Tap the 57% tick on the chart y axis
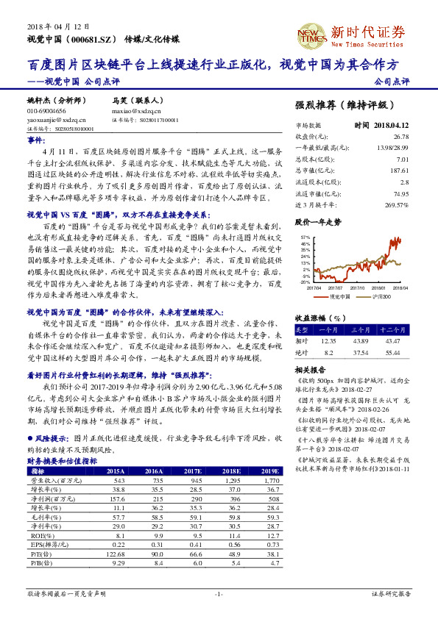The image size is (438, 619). coord(304,237)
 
